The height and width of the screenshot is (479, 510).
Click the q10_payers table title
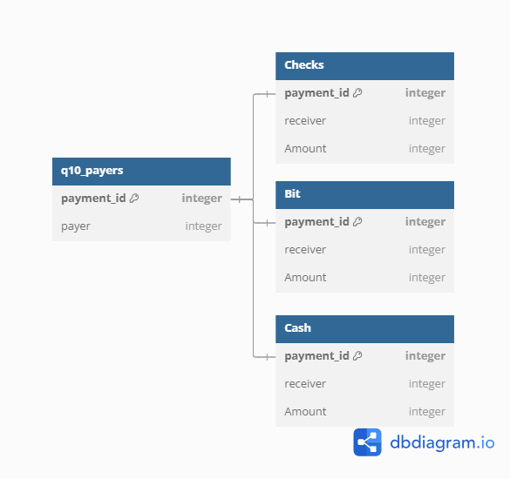92,171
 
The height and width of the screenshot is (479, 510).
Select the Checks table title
304,64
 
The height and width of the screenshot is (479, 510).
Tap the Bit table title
292,193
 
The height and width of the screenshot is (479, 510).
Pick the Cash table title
297,327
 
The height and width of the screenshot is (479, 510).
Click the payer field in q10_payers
76,226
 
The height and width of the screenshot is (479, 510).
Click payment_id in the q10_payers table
93,199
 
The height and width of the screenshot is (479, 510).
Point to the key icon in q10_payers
134,199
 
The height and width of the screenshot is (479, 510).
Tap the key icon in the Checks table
357,93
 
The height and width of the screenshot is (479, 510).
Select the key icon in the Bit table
357,221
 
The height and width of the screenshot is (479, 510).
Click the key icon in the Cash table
357,356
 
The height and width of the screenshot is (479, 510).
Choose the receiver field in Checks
305,121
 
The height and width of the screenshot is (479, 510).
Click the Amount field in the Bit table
305,278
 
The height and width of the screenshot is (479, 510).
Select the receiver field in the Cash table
305,384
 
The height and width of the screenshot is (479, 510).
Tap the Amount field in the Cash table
305,412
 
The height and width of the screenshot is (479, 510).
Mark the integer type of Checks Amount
427,149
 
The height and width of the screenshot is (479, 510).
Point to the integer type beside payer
204,226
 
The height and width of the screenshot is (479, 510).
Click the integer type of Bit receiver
427,250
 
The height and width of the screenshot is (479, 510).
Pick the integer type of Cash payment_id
425,356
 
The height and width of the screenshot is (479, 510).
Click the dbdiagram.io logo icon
367,442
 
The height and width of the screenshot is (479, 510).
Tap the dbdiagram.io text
442,443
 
